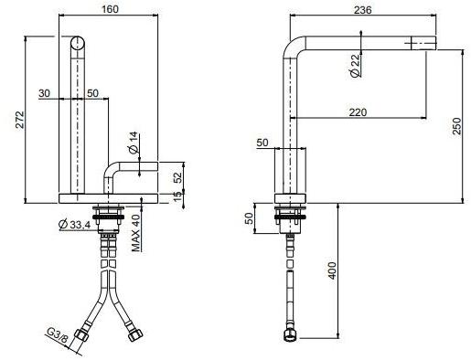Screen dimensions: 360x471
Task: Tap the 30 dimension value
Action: point(44,93)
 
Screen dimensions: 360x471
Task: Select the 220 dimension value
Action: point(359,112)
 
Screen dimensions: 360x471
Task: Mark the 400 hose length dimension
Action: point(333,271)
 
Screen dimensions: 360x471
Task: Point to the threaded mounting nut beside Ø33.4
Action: point(112,218)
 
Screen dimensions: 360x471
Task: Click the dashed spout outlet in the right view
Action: point(420,42)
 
